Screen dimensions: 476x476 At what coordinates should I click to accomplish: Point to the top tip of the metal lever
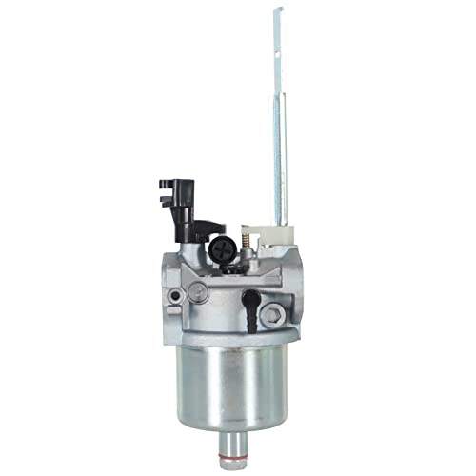278,11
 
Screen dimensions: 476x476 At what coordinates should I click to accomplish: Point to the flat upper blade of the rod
278,57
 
